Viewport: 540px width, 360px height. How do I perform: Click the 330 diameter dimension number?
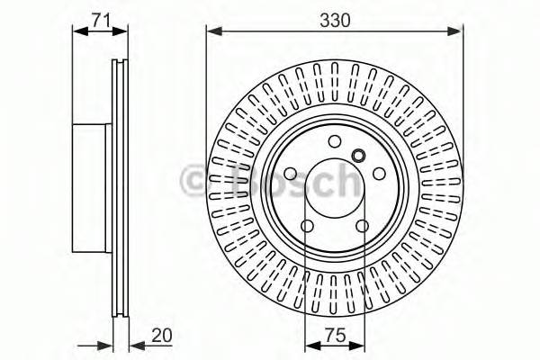tap(335, 15)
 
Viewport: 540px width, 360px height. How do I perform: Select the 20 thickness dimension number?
tap(161, 337)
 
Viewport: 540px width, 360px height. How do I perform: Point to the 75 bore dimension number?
tap(334, 337)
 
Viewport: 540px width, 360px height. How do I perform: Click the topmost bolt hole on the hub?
tap(334, 140)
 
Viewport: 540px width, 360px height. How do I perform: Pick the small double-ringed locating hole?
tap(358, 155)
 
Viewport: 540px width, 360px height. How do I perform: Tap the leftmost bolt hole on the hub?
tap(290, 175)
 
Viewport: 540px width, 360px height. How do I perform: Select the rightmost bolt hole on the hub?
tap(379, 175)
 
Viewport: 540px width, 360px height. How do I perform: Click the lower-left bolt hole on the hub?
tap(307, 226)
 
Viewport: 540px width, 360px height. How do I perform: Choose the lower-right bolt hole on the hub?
tap(362, 226)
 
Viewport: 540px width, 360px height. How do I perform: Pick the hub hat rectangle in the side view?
tap(90, 186)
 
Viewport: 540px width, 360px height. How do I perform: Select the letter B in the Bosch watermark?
tap(236, 179)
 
